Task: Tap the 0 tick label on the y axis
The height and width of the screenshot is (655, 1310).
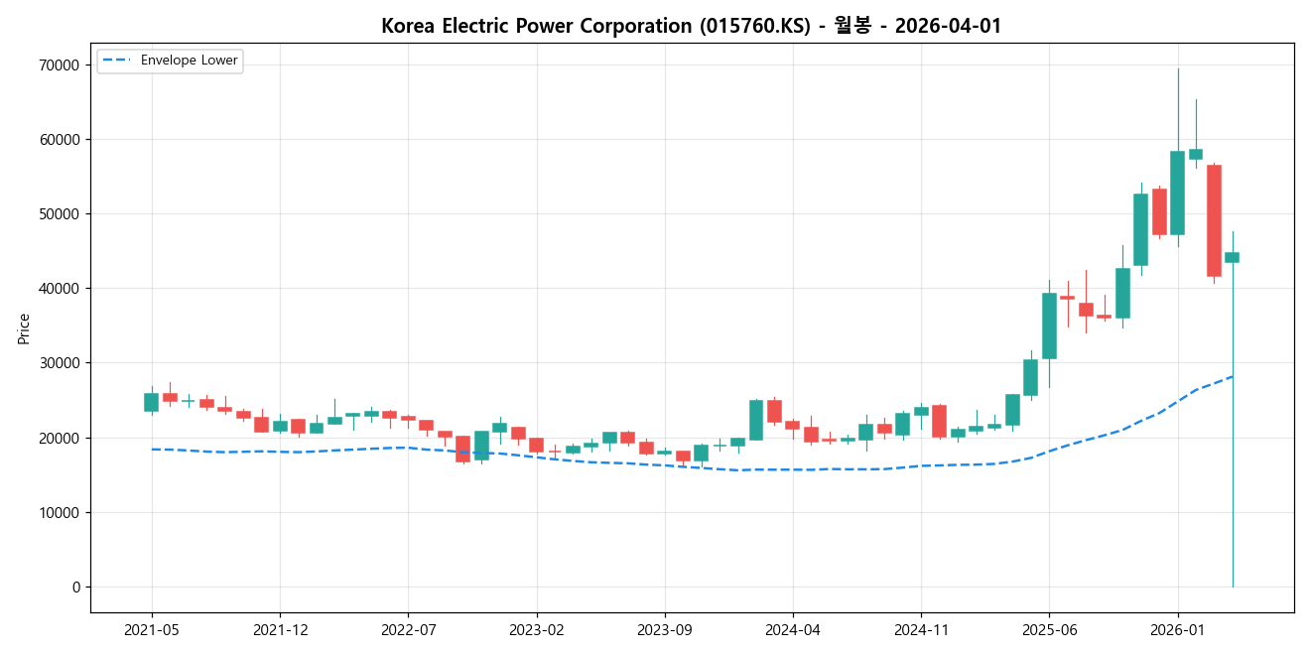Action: click(x=75, y=588)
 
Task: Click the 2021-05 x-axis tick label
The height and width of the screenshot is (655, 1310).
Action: click(x=152, y=630)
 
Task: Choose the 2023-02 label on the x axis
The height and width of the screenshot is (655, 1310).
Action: click(x=536, y=630)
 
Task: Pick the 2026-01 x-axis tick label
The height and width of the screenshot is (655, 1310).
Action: click(x=1177, y=630)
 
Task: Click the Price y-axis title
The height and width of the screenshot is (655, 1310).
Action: click(x=24, y=328)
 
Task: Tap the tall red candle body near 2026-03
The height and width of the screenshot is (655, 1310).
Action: click(x=1214, y=220)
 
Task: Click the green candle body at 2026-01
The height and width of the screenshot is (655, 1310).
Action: click(x=1177, y=193)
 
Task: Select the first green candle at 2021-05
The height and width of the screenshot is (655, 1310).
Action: click(x=151, y=402)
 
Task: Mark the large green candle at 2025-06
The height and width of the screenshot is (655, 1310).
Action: click(x=1049, y=326)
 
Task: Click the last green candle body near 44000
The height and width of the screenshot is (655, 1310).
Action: click(x=1232, y=257)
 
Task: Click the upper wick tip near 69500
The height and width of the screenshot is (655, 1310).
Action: click(x=1178, y=69)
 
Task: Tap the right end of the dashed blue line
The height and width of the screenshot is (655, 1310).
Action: click(x=1233, y=376)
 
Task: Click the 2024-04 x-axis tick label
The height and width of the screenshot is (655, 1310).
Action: click(x=792, y=630)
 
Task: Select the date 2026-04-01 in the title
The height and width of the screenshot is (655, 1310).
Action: click(x=948, y=26)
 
